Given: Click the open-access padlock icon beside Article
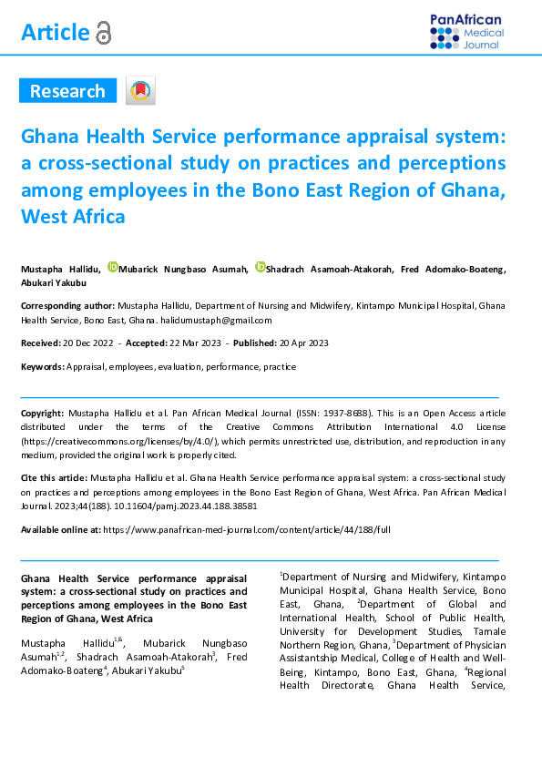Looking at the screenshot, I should coord(103,34).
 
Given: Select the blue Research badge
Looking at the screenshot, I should coord(67,91).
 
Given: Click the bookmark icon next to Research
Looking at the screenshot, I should coord(141,91).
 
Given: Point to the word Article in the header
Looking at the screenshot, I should coord(55,33).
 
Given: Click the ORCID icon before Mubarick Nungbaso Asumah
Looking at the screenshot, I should coord(113,267).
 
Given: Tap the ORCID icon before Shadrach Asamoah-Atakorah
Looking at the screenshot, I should coord(260,267).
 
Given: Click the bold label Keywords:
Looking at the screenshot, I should coord(43,366).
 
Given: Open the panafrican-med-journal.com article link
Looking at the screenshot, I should coord(247,528).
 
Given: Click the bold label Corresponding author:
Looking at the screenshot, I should coord(67,307).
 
